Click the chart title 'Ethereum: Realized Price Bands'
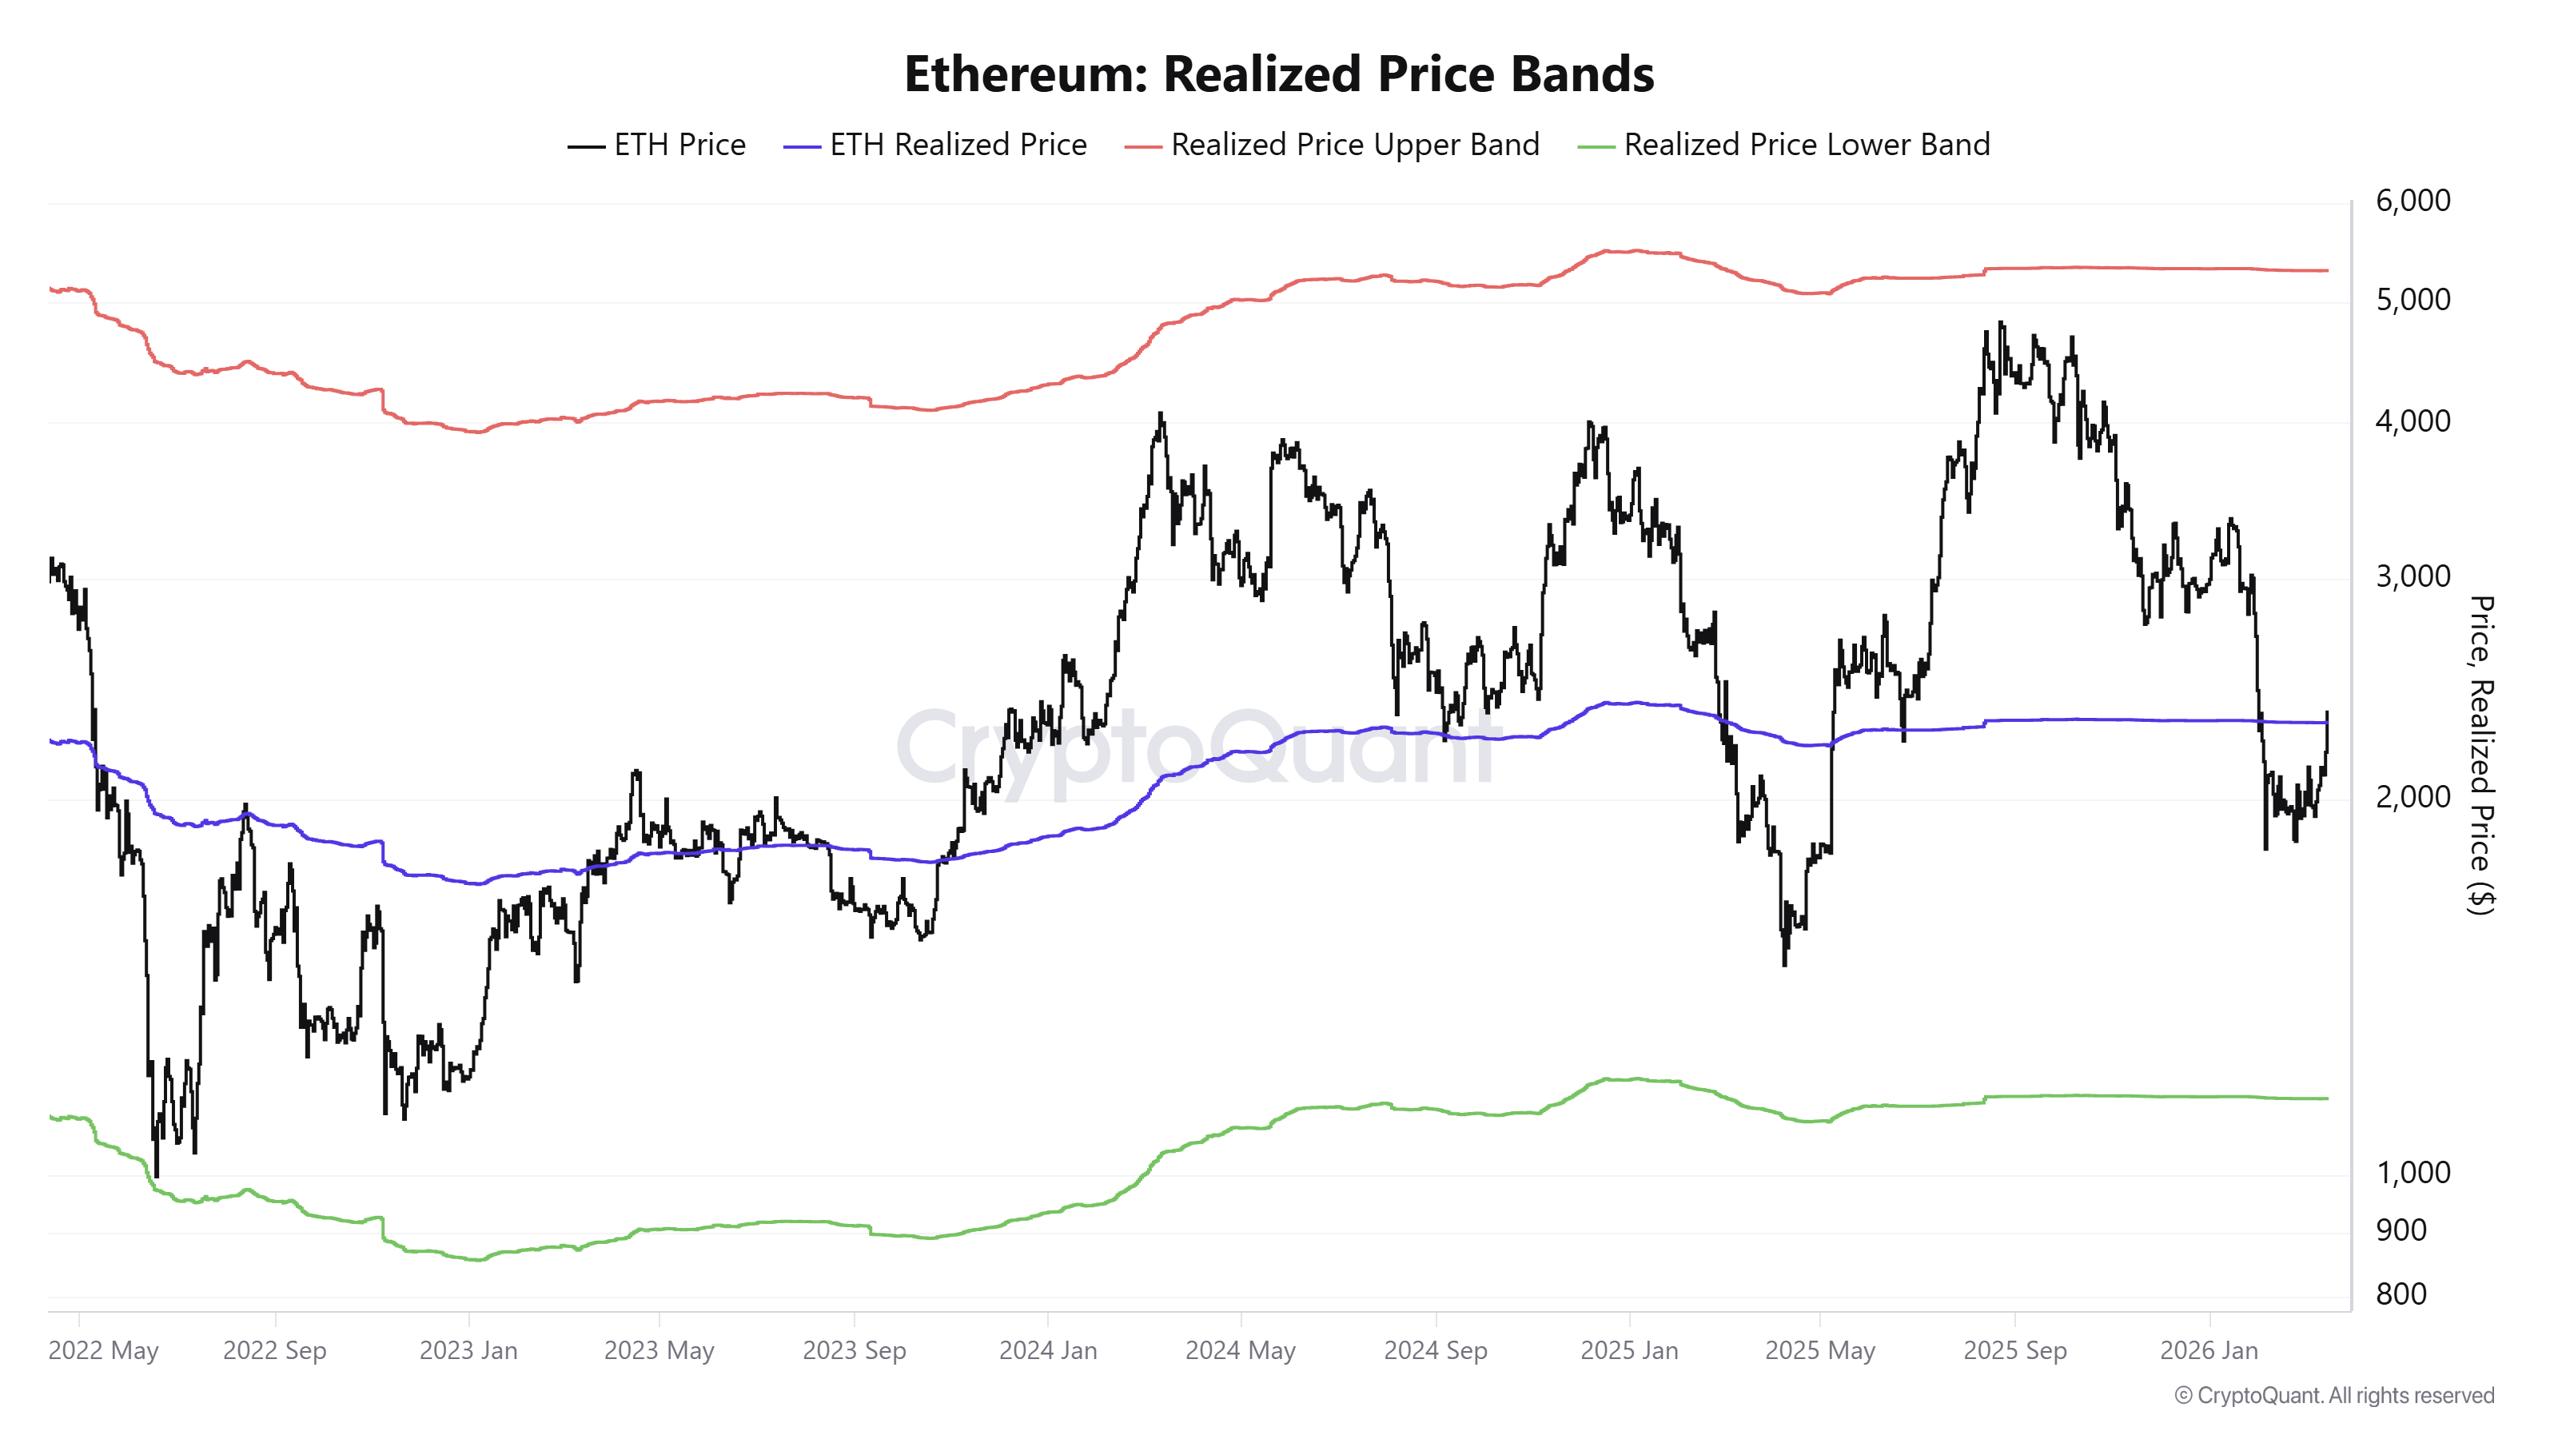click(1278, 74)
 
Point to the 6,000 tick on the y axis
click(2412, 201)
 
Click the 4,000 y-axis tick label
click(2412, 421)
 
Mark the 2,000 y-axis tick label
click(2412, 796)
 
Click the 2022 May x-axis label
click(103, 1350)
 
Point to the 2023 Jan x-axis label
click(468, 1350)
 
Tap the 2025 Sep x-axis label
click(2014, 1350)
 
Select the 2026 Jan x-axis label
click(2209, 1350)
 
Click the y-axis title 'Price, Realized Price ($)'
click(2480, 755)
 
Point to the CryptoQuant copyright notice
click(2333, 1395)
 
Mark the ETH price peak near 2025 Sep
click(2000, 323)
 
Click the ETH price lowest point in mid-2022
click(156, 1175)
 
